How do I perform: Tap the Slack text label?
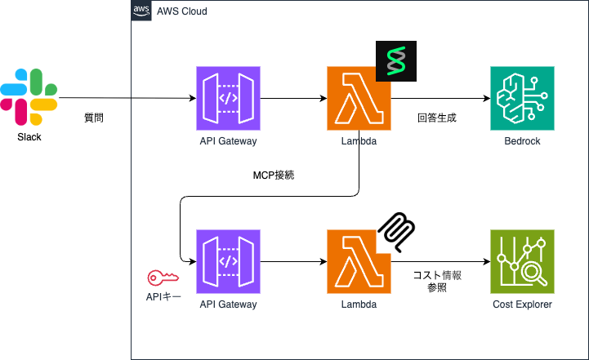click(29, 137)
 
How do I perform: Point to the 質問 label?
click(94, 118)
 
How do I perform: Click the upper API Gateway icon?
click(229, 98)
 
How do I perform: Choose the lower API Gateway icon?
click(229, 261)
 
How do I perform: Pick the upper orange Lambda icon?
click(358, 98)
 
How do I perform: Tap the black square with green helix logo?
click(396, 60)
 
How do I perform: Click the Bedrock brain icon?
click(522, 98)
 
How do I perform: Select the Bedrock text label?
click(522, 141)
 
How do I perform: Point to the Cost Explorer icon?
click(522, 261)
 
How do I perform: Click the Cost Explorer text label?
click(522, 304)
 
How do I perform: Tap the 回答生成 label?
click(436, 118)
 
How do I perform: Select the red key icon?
click(158, 278)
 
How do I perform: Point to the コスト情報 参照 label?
click(436, 282)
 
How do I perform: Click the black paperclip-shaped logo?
click(396, 231)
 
